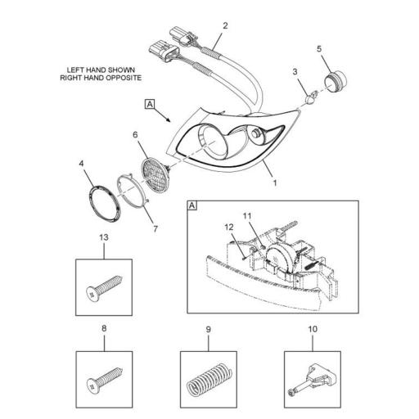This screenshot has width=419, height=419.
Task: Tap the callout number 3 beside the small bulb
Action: (x=295, y=74)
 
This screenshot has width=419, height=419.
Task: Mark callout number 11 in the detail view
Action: (x=248, y=216)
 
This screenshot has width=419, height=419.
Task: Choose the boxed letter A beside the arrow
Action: (x=150, y=104)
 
